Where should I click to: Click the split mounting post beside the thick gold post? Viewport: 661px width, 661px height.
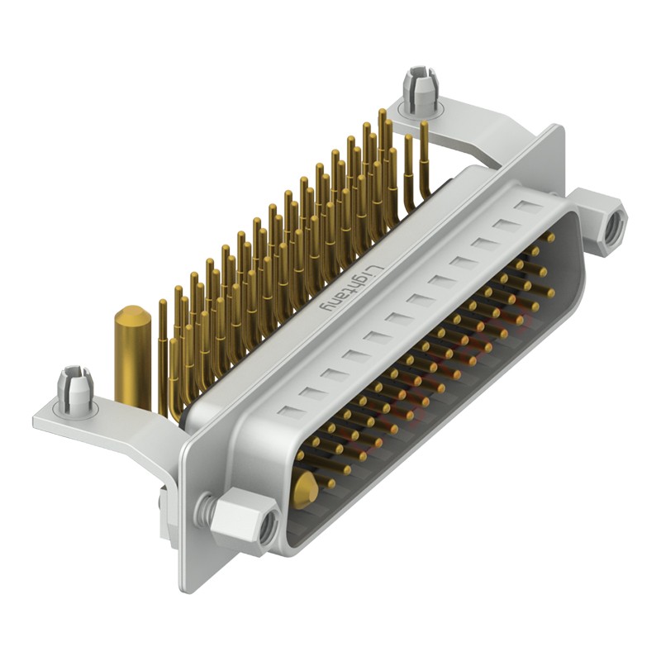(73, 388)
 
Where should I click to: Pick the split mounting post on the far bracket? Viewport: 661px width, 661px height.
(419, 88)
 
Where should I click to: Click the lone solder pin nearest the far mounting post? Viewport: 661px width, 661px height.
(425, 157)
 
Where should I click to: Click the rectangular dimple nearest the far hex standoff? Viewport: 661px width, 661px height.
(525, 204)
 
